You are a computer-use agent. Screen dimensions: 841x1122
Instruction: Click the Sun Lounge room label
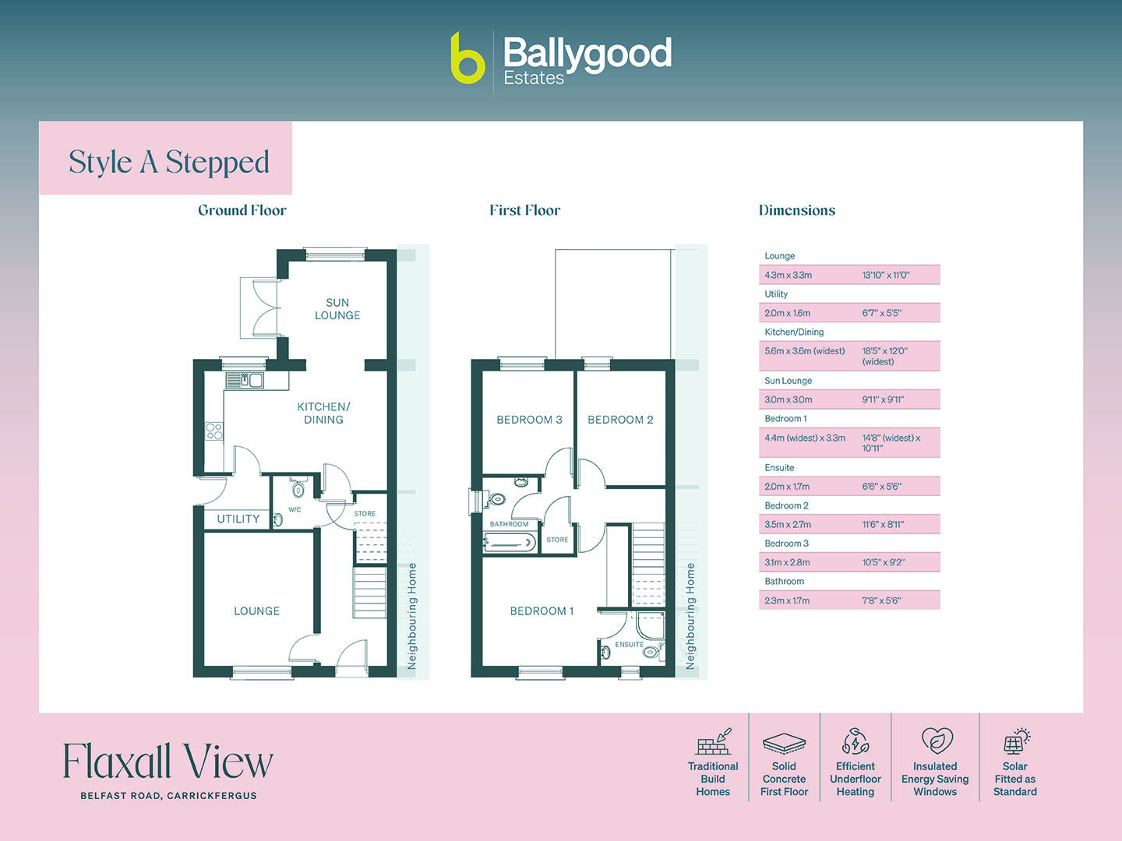coord(337,309)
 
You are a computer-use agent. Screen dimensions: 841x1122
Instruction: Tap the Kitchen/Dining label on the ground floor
coord(323,413)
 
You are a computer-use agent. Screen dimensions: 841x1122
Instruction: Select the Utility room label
coord(238,519)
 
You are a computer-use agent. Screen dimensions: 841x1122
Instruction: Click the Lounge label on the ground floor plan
coord(256,611)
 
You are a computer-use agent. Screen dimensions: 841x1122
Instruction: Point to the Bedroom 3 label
coord(529,420)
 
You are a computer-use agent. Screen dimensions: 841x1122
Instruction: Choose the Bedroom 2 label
coord(620,420)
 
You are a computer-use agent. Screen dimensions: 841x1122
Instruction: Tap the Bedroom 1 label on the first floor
coord(542,611)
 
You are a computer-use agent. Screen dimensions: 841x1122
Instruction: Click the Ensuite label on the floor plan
coord(629,645)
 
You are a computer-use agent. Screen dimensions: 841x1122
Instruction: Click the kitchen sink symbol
coord(245,380)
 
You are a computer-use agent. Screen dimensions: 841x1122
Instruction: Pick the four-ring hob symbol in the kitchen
coord(214,431)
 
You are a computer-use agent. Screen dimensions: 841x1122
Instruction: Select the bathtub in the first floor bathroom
coord(510,543)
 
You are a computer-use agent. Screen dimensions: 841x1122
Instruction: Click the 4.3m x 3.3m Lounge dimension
coord(788,275)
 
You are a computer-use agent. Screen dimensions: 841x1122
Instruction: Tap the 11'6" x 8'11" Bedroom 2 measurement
coord(883,525)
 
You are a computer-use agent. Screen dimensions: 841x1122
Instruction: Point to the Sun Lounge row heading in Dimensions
coord(788,381)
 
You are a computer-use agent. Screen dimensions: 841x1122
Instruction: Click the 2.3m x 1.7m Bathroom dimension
coord(787,600)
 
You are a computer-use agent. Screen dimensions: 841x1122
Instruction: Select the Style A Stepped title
coord(168,162)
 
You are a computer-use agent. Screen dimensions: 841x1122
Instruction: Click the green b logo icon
coord(467,58)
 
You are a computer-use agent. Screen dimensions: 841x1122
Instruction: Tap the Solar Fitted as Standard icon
coord(1015,742)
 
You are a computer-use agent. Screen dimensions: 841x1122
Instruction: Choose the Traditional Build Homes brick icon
coord(714,742)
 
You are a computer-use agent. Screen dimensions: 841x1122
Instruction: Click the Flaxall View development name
coord(168,762)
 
